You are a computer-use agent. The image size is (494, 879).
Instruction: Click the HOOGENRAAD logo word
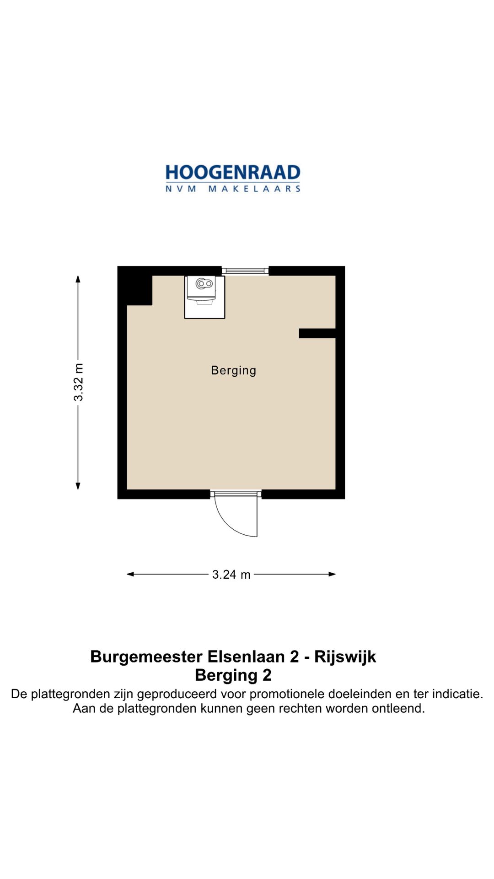pyautogui.click(x=233, y=173)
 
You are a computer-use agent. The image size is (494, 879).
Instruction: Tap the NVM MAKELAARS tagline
pyautogui.click(x=233, y=189)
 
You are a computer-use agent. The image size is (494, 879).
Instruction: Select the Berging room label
pyautogui.click(x=233, y=370)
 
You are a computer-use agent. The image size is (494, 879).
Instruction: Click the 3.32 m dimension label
pyautogui.click(x=79, y=382)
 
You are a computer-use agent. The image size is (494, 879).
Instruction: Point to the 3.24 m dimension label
pyautogui.click(x=231, y=575)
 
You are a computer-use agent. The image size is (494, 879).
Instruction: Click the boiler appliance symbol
pyautogui.click(x=204, y=290)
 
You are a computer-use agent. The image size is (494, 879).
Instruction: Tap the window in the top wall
pyautogui.click(x=245, y=271)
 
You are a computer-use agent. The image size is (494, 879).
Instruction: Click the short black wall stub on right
pyautogui.click(x=317, y=333)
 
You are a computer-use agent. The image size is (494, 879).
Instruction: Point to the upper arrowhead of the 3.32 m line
pyautogui.click(x=78, y=279)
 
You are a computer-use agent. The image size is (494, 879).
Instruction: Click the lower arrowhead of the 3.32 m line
pyautogui.click(x=78, y=486)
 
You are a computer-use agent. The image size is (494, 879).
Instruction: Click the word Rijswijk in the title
pyautogui.click(x=345, y=657)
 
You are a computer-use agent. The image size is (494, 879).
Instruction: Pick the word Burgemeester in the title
pyautogui.click(x=146, y=657)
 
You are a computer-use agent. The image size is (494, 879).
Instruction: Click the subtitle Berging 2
pyautogui.click(x=233, y=675)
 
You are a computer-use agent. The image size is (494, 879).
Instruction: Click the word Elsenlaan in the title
pyautogui.click(x=246, y=657)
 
